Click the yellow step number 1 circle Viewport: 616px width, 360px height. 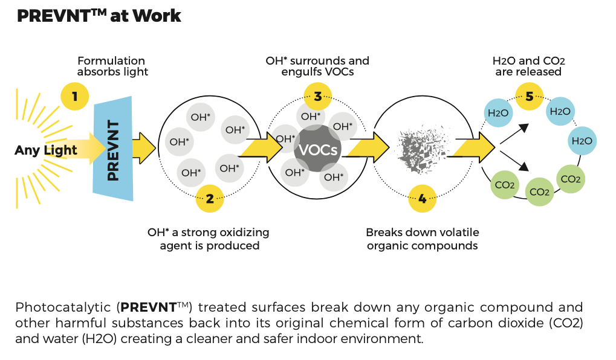tap(75, 95)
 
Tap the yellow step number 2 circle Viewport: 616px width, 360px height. tap(210, 198)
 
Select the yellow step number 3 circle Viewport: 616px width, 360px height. tap(318, 95)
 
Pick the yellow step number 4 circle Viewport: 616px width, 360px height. tap(423, 199)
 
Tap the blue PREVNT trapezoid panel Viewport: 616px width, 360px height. tap(114, 150)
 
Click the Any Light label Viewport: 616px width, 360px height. tap(46, 150)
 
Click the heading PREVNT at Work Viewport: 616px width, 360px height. tap(99, 16)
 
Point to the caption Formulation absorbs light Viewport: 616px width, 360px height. tap(112, 66)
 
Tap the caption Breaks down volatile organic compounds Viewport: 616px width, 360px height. tap(422, 239)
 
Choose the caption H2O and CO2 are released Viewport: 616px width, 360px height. tap(529, 66)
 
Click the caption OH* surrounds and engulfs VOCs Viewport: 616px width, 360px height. tap(317, 66)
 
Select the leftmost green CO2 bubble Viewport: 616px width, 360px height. tap(504, 185)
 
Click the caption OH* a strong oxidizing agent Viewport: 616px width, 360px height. tap(209, 239)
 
